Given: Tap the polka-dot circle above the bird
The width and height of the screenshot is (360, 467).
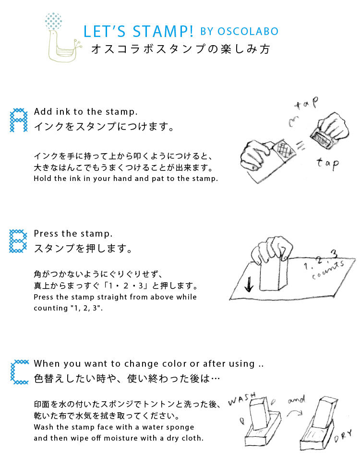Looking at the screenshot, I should click(x=53, y=22).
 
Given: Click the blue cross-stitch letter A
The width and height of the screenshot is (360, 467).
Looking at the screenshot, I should click(x=19, y=120).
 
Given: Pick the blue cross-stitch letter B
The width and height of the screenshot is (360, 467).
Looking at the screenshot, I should click(x=19, y=241).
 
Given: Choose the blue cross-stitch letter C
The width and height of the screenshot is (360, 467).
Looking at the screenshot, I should click(x=19, y=372).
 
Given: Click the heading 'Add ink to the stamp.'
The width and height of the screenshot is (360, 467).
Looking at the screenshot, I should click(x=86, y=111).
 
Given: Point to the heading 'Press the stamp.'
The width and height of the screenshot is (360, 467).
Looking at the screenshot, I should click(x=73, y=234).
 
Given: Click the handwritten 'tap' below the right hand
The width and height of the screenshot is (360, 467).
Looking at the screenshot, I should click(x=327, y=164).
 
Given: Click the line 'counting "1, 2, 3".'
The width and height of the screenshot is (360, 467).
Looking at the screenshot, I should click(x=68, y=308).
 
